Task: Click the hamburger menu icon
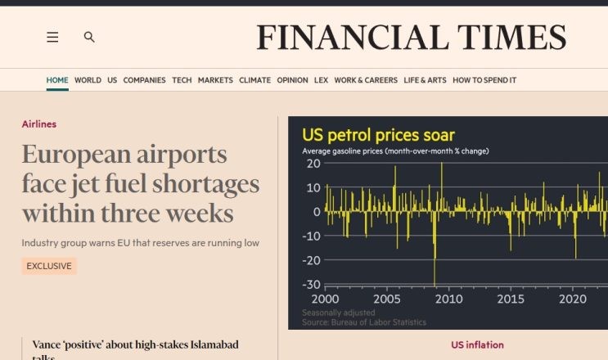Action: tap(52, 37)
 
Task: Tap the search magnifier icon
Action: tap(89, 37)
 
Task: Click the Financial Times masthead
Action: tap(411, 38)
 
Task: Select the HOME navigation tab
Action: tap(57, 80)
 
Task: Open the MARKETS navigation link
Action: tap(215, 80)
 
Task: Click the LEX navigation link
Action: tap(321, 80)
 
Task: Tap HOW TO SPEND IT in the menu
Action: tap(484, 80)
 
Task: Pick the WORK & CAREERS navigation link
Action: tap(366, 80)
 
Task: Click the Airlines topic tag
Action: tap(38, 124)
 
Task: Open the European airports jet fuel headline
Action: tap(140, 184)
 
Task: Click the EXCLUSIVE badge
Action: tap(49, 266)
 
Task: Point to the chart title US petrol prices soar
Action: tap(378, 135)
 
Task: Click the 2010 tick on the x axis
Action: tap(448, 299)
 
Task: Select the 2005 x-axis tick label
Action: tap(387, 299)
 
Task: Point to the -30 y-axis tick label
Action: tap(311, 285)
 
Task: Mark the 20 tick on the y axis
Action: tap(313, 164)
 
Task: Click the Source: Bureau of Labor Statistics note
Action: tap(364, 322)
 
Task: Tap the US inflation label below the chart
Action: tap(477, 345)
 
